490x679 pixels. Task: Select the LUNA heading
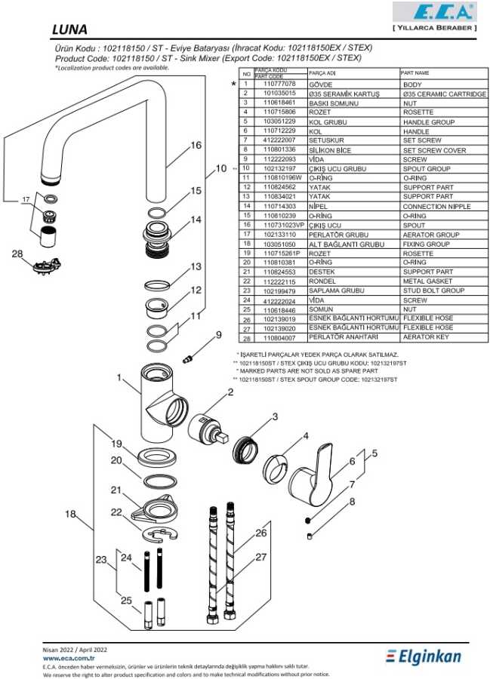(69, 29)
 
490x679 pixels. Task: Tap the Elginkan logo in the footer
(424, 657)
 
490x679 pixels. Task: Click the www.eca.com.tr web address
(69, 658)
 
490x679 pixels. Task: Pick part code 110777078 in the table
(279, 84)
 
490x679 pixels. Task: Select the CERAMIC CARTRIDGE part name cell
(444, 94)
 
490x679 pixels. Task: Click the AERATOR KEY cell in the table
(426, 337)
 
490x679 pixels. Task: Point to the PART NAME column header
(414, 72)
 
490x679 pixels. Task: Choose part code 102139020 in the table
(279, 328)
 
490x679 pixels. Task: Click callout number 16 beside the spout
(196, 145)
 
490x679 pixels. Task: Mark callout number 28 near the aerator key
(17, 253)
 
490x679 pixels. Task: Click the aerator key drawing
(47, 265)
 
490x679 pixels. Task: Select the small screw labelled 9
(187, 359)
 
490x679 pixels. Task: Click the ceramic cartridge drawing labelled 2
(208, 429)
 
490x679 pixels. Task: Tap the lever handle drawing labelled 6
(311, 475)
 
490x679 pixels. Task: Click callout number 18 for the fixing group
(70, 514)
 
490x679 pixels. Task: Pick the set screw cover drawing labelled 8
(310, 536)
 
